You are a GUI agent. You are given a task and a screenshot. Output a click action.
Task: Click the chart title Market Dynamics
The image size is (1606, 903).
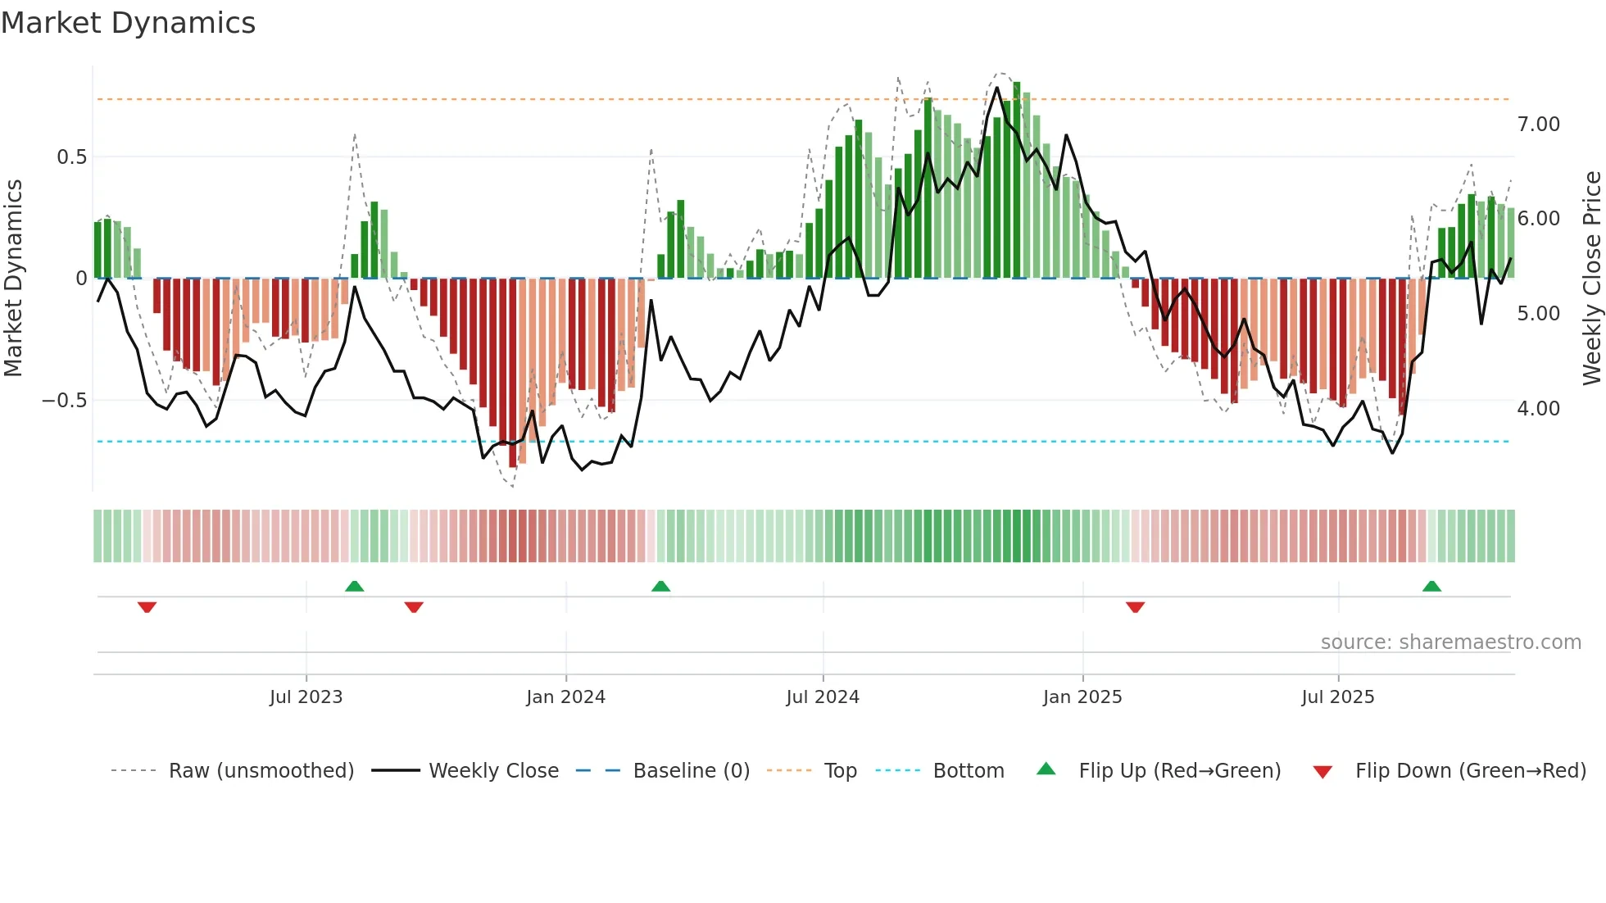128,23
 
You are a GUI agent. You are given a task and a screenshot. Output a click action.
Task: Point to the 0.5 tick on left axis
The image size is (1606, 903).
71,157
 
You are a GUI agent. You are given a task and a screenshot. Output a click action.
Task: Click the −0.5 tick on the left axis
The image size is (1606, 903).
64,401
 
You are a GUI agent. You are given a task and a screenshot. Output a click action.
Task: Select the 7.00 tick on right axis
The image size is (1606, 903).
1538,125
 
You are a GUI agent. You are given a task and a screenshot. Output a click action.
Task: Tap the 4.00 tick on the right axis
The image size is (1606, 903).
1538,408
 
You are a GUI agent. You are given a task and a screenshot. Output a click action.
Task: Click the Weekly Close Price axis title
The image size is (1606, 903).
1591,278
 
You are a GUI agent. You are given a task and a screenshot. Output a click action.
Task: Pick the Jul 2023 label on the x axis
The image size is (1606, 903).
306,697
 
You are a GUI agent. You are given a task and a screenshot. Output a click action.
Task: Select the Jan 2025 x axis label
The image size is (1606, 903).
1082,697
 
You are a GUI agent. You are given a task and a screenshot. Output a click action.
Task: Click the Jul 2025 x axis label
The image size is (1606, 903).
1337,697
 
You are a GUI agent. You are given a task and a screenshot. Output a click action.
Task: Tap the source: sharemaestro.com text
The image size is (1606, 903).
1450,642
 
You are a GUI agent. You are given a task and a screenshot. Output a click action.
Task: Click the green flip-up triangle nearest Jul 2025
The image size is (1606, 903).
1431,587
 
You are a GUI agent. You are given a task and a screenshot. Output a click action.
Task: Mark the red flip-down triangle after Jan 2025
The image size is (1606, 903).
1135,607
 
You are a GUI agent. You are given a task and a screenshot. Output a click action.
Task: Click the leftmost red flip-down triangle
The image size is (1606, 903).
147,607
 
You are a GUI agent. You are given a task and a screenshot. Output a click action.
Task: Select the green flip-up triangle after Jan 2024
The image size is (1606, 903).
660,587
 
